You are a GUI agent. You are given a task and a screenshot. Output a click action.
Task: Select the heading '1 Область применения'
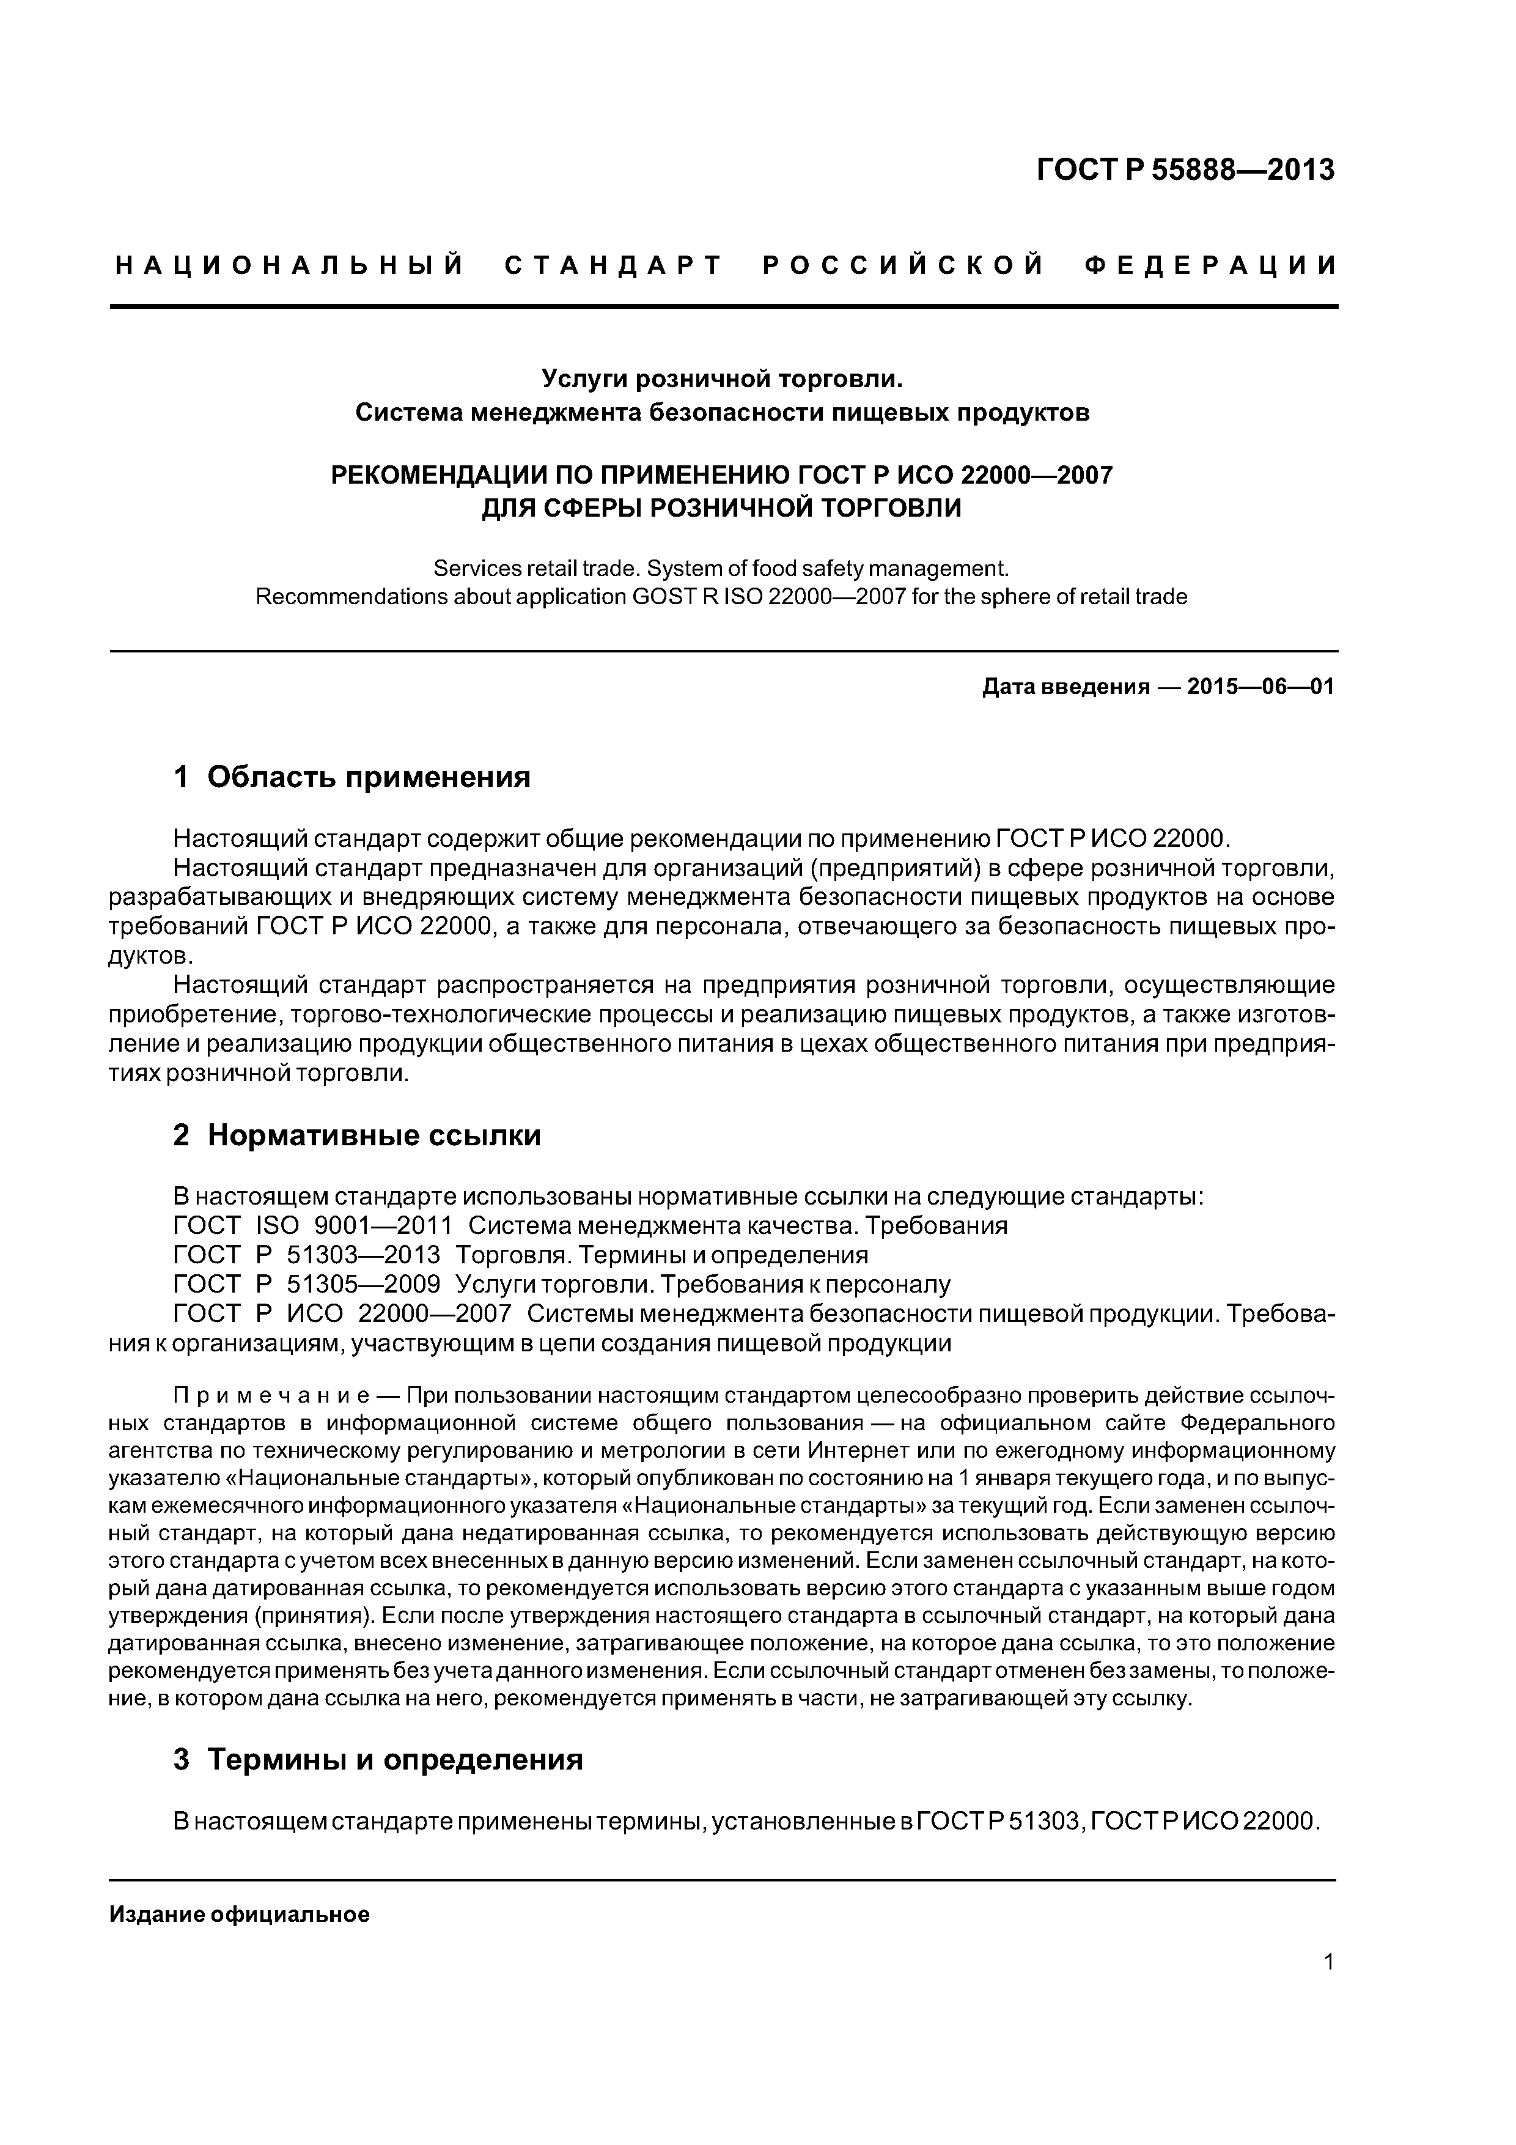click(352, 777)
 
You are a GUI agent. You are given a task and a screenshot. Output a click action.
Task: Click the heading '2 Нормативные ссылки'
click(357, 1135)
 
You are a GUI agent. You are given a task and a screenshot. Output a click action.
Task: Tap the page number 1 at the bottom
click(1328, 1962)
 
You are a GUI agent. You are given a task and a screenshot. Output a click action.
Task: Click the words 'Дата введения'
click(1065, 688)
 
